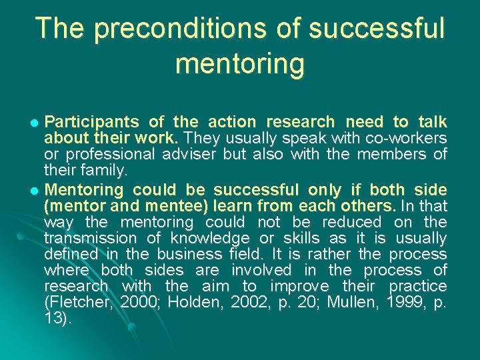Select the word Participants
[x=91, y=122]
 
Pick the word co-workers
[x=406, y=139]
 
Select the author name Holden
[x=193, y=302]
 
